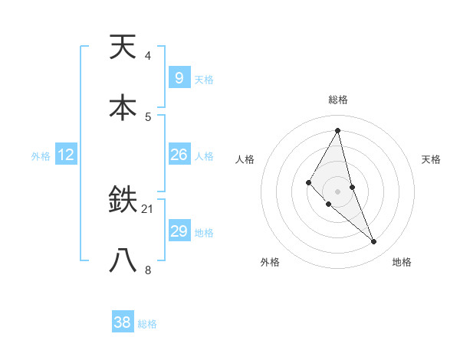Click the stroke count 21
pyautogui.click(x=148, y=209)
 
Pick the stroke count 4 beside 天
pyautogui.click(x=147, y=56)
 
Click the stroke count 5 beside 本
pyautogui.click(x=147, y=116)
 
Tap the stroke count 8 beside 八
pyautogui.click(x=147, y=270)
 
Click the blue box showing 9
pyautogui.click(x=179, y=78)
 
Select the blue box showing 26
pyautogui.click(x=179, y=155)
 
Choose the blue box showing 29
pyautogui.click(x=179, y=231)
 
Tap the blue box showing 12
pyautogui.click(x=66, y=155)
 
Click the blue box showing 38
pyautogui.click(x=123, y=322)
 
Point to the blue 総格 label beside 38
pyautogui.click(x=147, y=324)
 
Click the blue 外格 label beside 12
pyautogui.click(x=41, y=156)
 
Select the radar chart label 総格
pyautogui.click(x=337, y=100)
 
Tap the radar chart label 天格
pyautogui.click(x=431, y=159)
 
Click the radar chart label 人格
pyautogui.click(x=245, y=159)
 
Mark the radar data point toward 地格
pyautogui.click(x=374, y=242)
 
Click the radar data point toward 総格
pyautogui.click(x=337, y=129)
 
